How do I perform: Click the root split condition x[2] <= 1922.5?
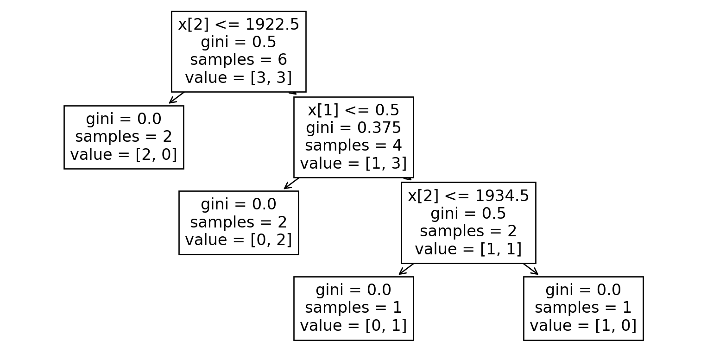click(x=239, y=25)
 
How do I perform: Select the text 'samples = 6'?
click(x=239, y=60)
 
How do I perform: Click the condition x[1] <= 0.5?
click(x=353, y=110)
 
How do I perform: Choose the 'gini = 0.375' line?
click(x=353, y=128)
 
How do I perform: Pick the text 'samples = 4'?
click(x=353, y=145)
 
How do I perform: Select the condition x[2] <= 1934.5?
click(x=468, y=196)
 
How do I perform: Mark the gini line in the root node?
click(x=239, y=42)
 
